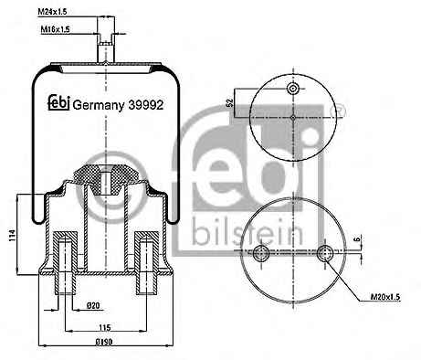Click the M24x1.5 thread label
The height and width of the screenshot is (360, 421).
tap(52, 12)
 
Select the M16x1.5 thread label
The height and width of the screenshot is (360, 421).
tap(55, 29)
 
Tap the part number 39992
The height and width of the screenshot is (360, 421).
tap(146, 105)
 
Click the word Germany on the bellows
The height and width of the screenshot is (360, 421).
tap(99, 106)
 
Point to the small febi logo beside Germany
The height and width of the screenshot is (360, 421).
tap(59, 103)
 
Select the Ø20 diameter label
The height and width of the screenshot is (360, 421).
tap(93, 305)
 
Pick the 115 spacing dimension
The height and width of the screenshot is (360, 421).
tap(104, 328)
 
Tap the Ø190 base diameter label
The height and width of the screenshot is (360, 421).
tap(105, 342)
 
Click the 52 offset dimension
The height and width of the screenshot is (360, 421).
tap(230, 103)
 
